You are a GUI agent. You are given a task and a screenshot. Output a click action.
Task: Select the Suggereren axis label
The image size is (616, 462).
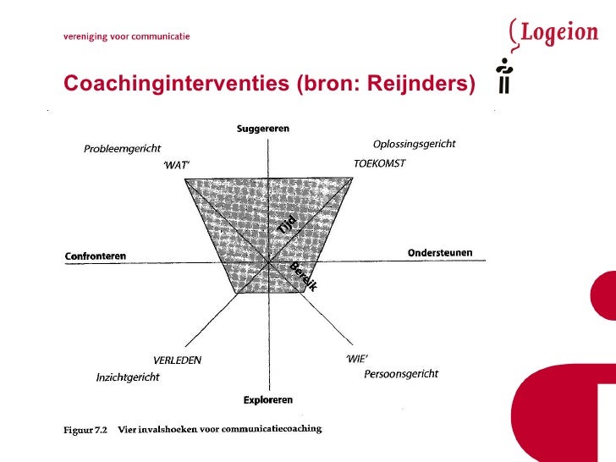tap(262, 129)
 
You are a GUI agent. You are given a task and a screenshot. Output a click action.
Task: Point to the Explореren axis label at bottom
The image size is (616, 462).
tap(268, 399)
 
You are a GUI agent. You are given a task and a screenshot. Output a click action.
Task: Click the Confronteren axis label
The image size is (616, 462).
tap(95, 256)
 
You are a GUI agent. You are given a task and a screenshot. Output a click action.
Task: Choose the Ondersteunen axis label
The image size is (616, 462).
tap(440, 252)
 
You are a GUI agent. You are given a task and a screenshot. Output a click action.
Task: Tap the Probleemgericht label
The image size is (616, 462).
tap(122, 149)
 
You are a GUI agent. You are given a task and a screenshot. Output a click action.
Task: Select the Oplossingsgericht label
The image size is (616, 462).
tap(414, 144)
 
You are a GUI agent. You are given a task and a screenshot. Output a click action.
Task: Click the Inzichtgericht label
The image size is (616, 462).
tap(128, 377)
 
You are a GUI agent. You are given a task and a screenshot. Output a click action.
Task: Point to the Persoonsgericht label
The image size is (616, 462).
tap(401, 374)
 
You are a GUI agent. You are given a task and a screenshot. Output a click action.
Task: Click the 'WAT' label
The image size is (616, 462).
tap(177, 166)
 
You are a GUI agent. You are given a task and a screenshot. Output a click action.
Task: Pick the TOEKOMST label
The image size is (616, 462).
tap(379, 163)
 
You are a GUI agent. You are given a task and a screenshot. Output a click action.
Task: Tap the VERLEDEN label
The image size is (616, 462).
tap(177, 360)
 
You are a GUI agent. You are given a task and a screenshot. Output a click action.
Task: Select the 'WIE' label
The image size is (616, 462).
tap(357, 358)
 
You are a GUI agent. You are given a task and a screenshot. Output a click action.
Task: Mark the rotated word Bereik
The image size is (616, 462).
tap(303, 278)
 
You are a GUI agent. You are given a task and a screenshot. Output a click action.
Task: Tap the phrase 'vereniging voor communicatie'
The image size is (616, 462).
tap(127, 36)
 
